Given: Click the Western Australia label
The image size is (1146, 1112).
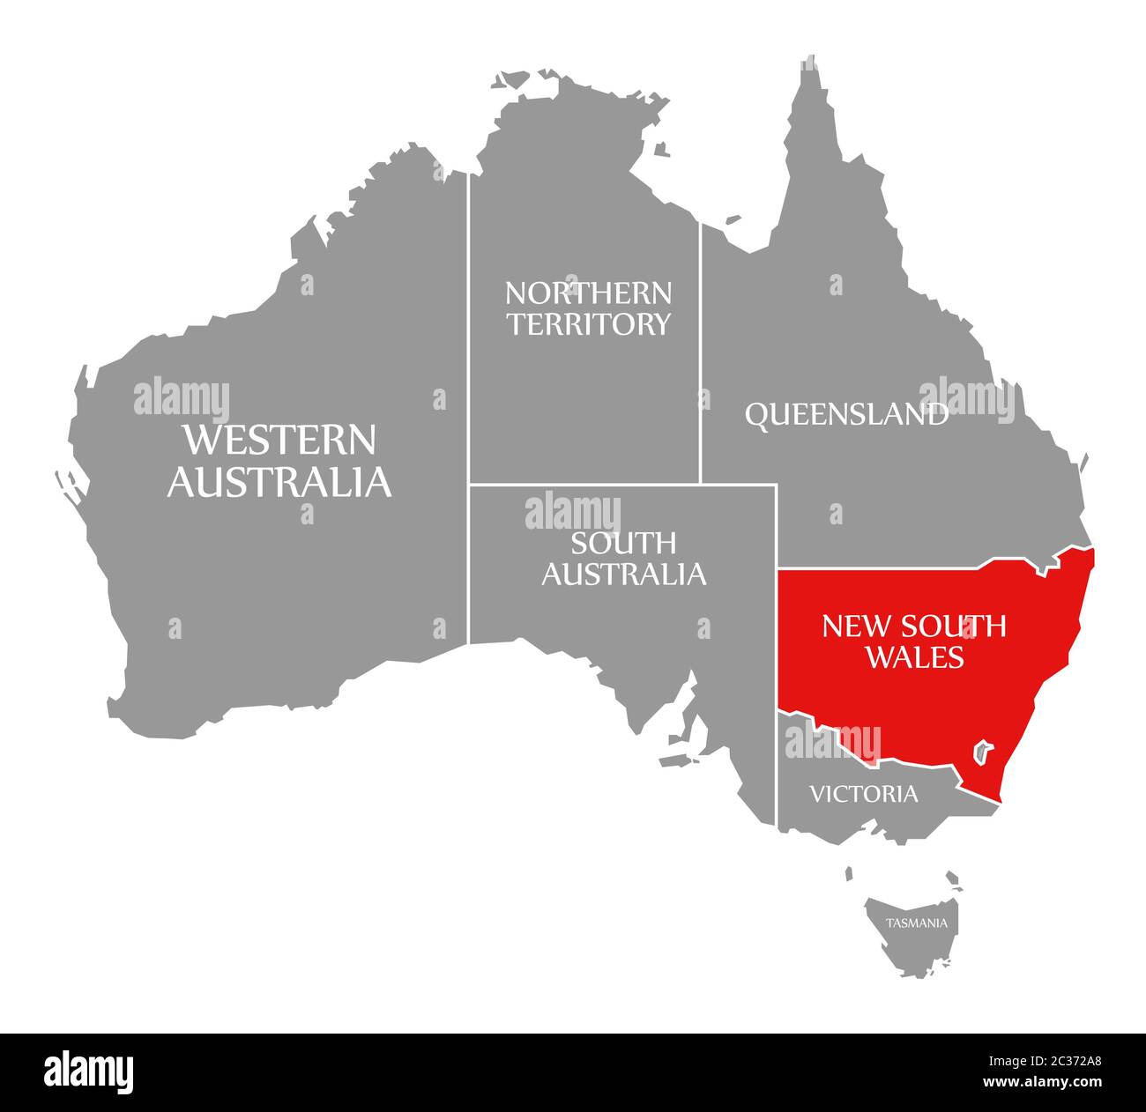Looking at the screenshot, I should coord(279,460).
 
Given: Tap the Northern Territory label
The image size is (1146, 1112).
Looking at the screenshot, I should coord(588,308).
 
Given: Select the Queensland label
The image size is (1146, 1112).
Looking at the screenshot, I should coord(846,413).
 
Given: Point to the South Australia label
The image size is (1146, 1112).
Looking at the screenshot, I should coord(623,558).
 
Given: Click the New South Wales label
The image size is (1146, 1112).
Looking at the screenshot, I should coord(913,640).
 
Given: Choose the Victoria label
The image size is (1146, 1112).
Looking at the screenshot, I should coord(863,794).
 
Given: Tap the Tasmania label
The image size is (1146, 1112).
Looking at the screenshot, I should coord(917,923).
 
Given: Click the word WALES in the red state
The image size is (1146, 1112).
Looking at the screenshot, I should coord(913,656).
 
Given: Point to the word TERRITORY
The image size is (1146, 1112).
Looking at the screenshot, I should coord(588,324).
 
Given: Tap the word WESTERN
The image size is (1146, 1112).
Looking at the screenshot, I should coord(279,439).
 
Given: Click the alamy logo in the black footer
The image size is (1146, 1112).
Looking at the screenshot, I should coord(89,1071).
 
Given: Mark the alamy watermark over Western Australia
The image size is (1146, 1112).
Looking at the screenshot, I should coord(182,399).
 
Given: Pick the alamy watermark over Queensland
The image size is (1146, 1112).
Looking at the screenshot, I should coord(967,399).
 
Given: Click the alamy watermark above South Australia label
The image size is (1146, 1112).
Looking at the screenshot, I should coord(573,513).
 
